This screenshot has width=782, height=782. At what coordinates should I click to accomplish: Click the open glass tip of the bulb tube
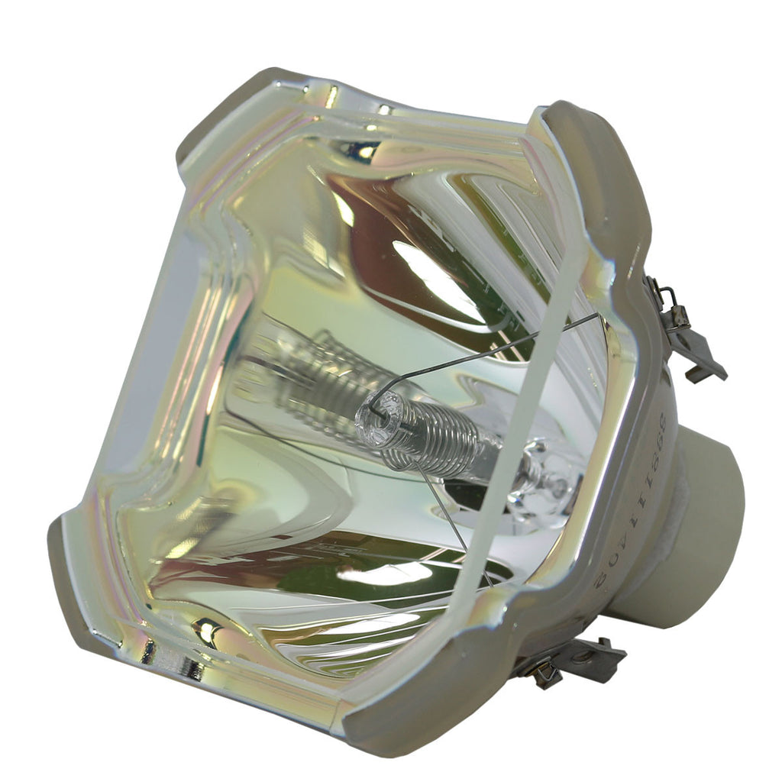click(376, 413)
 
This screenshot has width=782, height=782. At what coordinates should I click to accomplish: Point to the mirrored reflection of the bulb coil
click(305, 374)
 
